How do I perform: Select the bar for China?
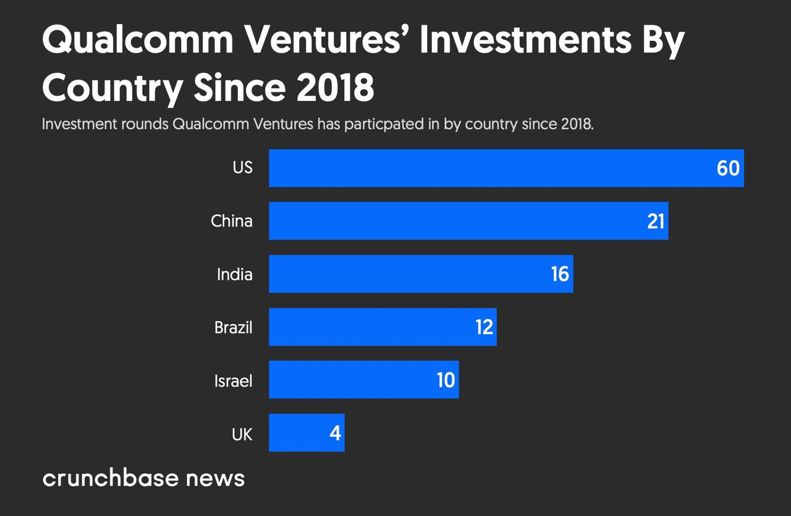tap(457, 221)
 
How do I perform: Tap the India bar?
tap(408, 273)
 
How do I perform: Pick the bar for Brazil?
tap(371, 327)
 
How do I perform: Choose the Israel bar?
tap(352, 379)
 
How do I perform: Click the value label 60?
tap(728, 168)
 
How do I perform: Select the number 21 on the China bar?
tap(656, 221)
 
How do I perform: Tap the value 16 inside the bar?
tap(560, 274)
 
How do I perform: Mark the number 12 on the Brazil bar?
tap(484, 327)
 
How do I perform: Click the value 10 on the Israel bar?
tap(446, 380)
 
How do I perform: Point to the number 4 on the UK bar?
tap(335, 433)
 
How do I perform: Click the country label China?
tap(231, 221)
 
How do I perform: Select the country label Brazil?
tap(233, 327)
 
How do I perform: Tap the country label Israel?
tap(233, 381)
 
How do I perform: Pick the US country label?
tap(242, 168)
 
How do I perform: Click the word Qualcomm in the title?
tap(138, 42)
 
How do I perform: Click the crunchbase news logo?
tap(143, 478)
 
